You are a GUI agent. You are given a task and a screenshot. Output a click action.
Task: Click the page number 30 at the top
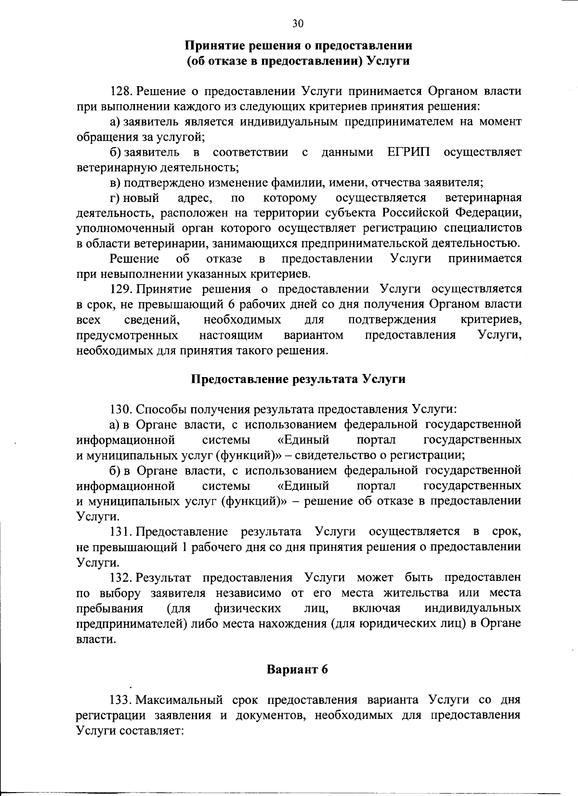pos(298,24)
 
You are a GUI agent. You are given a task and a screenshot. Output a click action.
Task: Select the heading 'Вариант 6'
pos(297,669)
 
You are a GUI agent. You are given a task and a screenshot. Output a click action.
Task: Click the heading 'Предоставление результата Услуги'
pos(298,378)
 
